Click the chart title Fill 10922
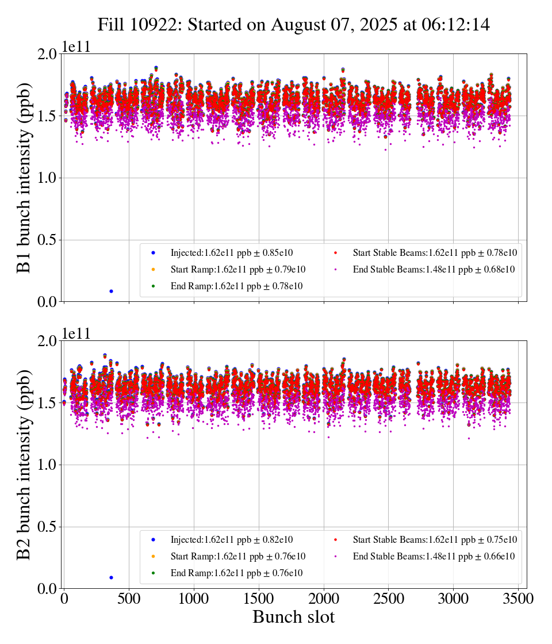click(x=293, y=25)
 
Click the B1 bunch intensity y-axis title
click(x=24, y=178)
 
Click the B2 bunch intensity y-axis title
click(x=24, y=465)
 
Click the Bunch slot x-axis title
click(x=293, y=618)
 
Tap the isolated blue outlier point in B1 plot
click(x=111, y=291)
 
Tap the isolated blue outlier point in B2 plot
click(x=111, y=577)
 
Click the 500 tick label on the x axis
click(x=129, y=599)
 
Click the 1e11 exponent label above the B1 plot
click(x=76, y=47)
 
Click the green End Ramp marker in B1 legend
click(x=154, y=286)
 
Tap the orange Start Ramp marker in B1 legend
click(x=154, y=270)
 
